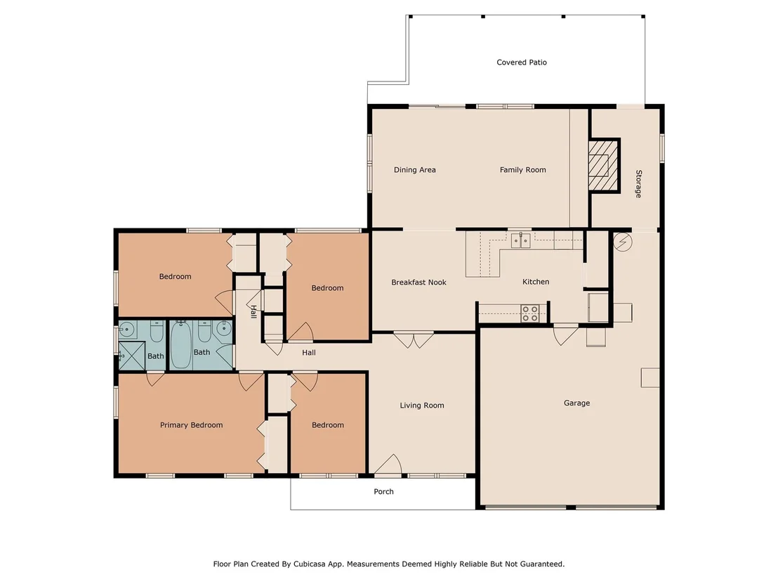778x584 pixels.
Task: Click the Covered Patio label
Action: (x=522, y=62)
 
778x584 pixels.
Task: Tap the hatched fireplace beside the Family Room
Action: (x=604, y=165)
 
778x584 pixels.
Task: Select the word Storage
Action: (x=638, y=183)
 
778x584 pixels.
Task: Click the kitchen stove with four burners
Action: (x=530, y=313)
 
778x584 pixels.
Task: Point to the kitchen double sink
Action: (x=521, y=241)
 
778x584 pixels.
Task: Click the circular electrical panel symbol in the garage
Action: (x=622, y=242)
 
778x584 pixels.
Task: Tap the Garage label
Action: (x=576, y=403)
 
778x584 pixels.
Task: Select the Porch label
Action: (x=383, y=491)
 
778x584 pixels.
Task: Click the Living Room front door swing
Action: (x=388, y=465)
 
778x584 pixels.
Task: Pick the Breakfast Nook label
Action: (x=418, y=282)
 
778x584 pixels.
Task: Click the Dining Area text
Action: (x=415, y=170)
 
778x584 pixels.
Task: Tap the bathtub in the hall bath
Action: (x=181, y=344)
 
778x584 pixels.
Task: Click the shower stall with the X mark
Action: (x=131, y=356)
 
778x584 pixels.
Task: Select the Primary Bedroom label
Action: (x=191, y=425)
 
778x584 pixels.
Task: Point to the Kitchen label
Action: (x=536, y=282)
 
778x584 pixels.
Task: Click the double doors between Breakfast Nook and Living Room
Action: (x=414, y=340)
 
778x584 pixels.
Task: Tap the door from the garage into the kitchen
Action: (x=566, y=335)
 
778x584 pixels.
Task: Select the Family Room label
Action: (x=522, y=170)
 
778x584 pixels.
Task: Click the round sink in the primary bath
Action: (x=127, y=329)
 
